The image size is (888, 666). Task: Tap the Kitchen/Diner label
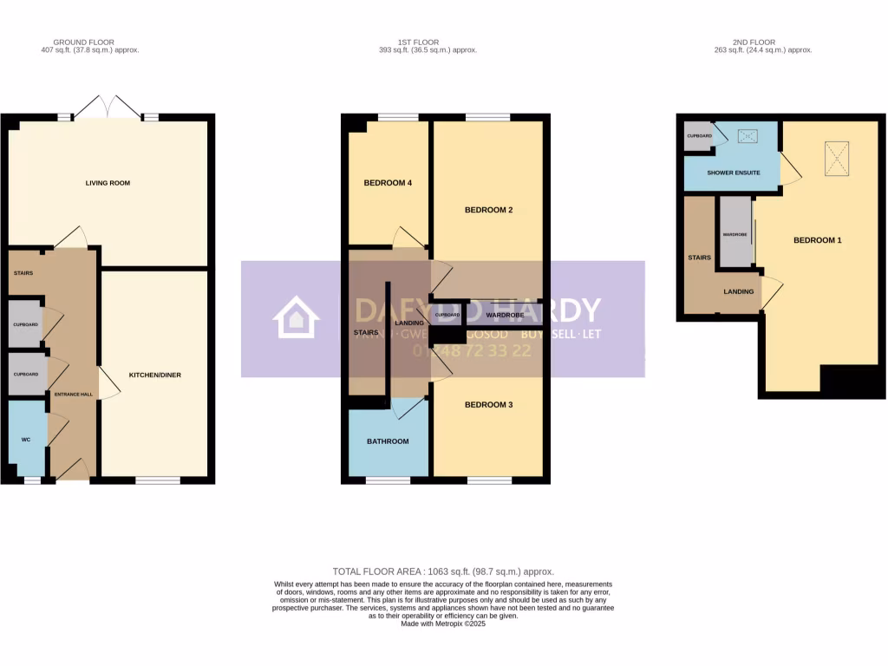click(x=155, y=375)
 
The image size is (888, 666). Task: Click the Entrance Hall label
click(x=74, y=395)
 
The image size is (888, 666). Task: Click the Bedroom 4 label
click(x=388, y=183)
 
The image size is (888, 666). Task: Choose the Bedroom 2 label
click(x=489, y=210)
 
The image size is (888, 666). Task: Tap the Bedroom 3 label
click(x=489, y=405)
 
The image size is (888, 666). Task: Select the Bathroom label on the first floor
click(x=388, y=441)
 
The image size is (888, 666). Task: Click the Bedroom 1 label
click(x=818, y=240)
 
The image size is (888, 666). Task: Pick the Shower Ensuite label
click(x=734, y=173)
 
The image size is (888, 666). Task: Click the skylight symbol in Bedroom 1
click(x=836, y=159)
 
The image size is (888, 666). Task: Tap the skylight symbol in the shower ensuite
click(x=747, y=136)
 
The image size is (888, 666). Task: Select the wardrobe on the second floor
click(x=735, y=232)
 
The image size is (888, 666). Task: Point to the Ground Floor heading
click(x=83, y=42)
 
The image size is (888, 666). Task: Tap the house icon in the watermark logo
click(x=296, y=317)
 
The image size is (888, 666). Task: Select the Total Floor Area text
click(x=443, y=571)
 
